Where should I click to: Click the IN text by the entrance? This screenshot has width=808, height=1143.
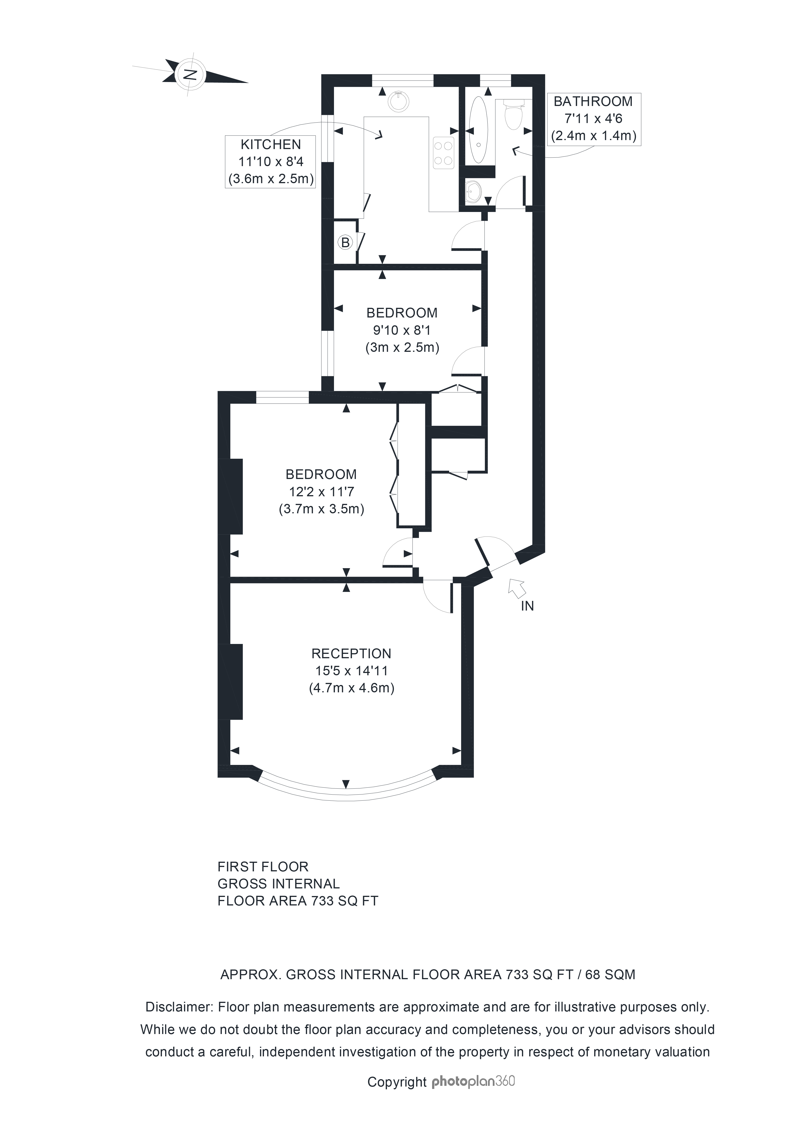point(527,606)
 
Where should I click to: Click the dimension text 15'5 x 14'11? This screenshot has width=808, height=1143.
point(351,670)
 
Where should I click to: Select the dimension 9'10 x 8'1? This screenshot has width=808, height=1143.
point(402,329)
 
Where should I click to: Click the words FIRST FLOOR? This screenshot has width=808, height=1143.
point(263,867)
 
